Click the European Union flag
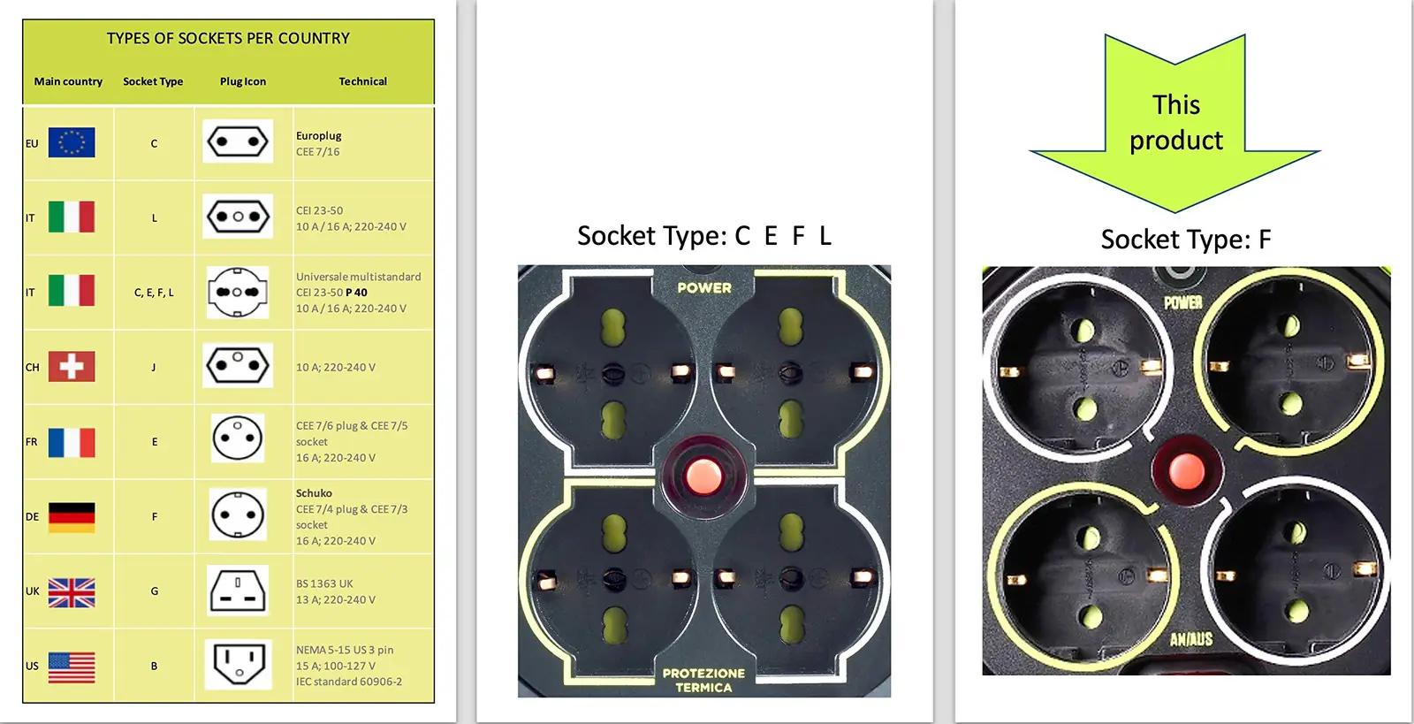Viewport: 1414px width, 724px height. point(72,142)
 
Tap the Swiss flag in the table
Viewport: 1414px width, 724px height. point(72,367)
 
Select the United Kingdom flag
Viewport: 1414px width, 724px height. point(72,592)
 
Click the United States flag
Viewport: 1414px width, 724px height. point(72,667)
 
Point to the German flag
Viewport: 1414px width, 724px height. point(72,517)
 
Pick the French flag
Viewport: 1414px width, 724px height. point(72,442)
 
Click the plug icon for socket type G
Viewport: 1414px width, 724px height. point(238,591)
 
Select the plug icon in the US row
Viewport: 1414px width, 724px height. point(238,664)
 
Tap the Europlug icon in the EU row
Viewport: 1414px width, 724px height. point(238,141)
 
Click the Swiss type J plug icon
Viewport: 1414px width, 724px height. point(238,365)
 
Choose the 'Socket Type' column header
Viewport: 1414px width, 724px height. point(153,81)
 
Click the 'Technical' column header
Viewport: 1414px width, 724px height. point(363,81)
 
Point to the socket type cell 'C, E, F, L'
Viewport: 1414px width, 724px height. point(154,293)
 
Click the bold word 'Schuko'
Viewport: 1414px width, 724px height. point(314,493)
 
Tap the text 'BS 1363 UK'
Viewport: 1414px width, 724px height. point(324,583)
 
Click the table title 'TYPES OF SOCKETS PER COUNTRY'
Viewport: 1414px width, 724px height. point(228,39)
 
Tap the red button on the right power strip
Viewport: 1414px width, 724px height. point(1187,471)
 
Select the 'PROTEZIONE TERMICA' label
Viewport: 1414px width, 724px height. point(703,681)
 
